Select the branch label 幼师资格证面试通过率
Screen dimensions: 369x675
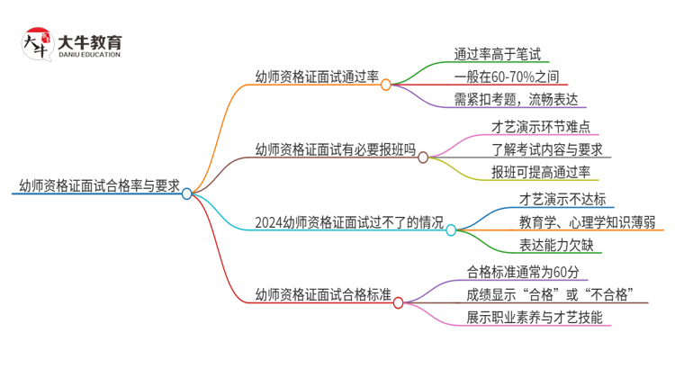click(316, 76)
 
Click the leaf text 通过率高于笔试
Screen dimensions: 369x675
click(496, 52)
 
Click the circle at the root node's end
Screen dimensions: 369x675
click(187, 193)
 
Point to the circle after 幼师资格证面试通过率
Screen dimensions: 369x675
click(385, 85)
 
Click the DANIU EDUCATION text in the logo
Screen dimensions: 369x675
click(90, 54)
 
